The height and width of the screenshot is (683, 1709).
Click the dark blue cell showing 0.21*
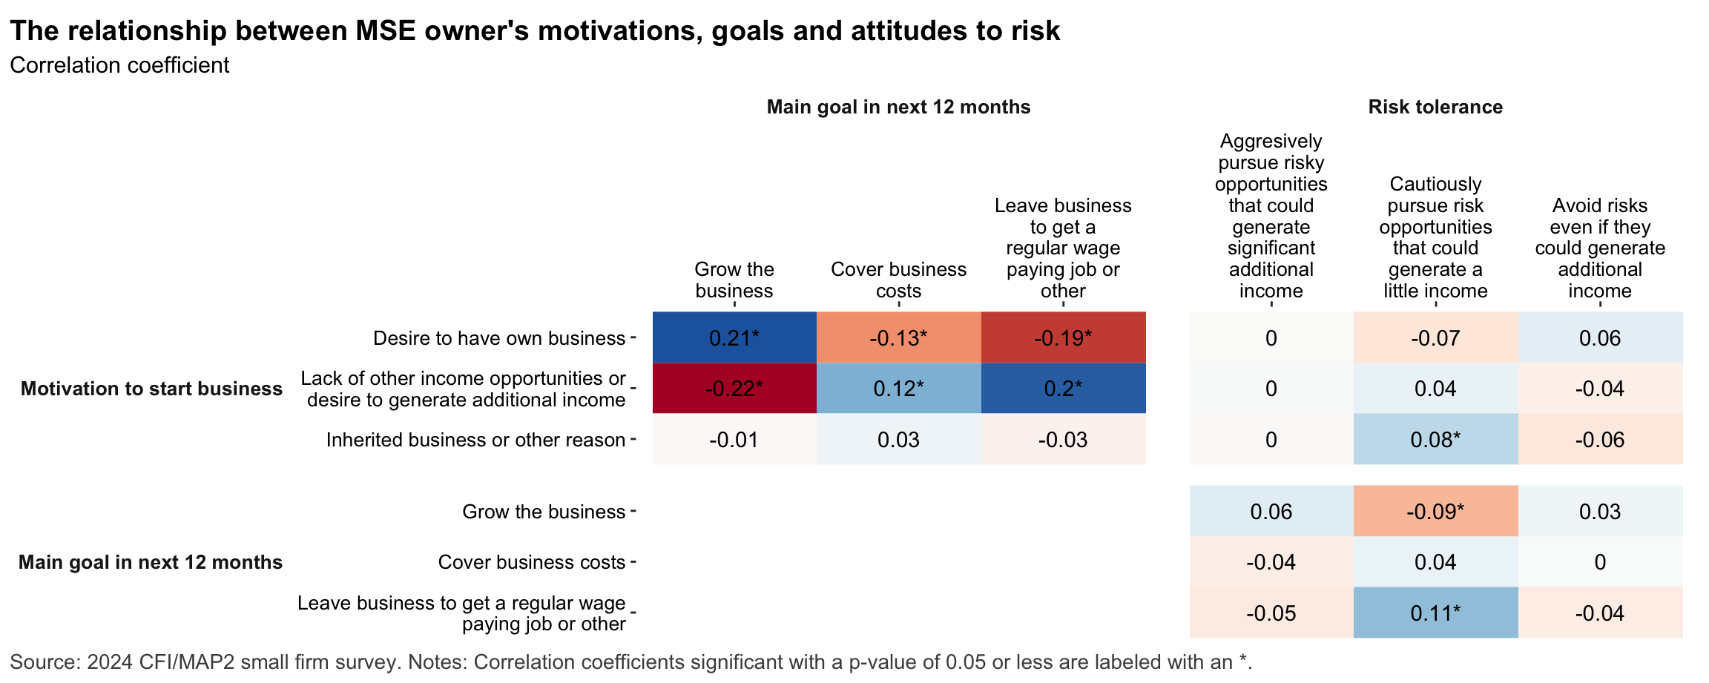click(734, 338)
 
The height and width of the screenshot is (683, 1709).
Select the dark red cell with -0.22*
click(734, 389)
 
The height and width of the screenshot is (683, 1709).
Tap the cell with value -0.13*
click(898, 338)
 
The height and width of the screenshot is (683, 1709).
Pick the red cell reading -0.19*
click(1063, 338)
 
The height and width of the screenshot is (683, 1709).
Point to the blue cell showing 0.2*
click(1063, 389)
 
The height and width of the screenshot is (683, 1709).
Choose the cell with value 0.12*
click(898, 389)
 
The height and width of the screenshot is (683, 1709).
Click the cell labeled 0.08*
click(1435, 440)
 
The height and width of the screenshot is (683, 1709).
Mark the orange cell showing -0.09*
click(1435, 512)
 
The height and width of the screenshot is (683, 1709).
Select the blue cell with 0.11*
click(1435, 613)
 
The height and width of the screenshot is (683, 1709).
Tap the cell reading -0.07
click(1435, 338)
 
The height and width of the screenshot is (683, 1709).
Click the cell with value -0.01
click(734, 440)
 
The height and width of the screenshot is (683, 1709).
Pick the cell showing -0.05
click(1271, 613)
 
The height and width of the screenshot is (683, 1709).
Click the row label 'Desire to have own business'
click(498, 339)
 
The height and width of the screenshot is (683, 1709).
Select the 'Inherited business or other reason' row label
click(475, 441)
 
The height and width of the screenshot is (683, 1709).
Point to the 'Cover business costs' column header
click(898, 280)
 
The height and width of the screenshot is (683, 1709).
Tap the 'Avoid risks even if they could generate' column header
click(1600, 248)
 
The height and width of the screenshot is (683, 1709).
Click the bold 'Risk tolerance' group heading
click(1435, 107)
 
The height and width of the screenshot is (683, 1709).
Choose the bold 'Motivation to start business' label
click(151, 389)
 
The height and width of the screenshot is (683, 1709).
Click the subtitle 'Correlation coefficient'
click(119, 65)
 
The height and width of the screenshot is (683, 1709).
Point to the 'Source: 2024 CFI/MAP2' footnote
click(630, 662)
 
